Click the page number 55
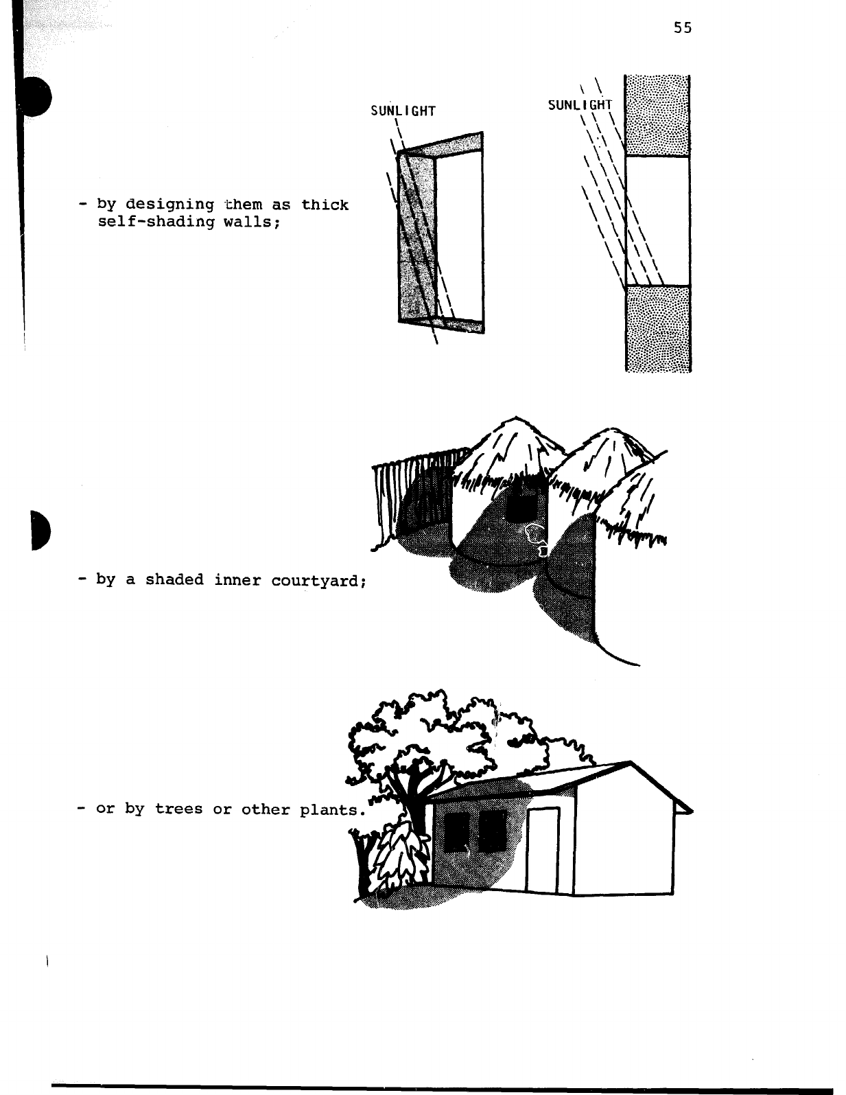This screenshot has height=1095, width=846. click(x=682, y=27)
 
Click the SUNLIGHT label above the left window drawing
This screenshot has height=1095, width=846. click(x=403, y=111)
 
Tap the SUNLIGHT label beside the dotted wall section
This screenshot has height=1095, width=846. click(x=579, y=105)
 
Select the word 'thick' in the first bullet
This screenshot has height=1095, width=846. click(x=325, y=205)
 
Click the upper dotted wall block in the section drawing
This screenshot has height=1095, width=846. click(x=658, y=116)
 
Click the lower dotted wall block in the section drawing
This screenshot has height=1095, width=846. click(x=658, y=328)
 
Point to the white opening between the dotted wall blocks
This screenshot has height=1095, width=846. click(x=658, y=220)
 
